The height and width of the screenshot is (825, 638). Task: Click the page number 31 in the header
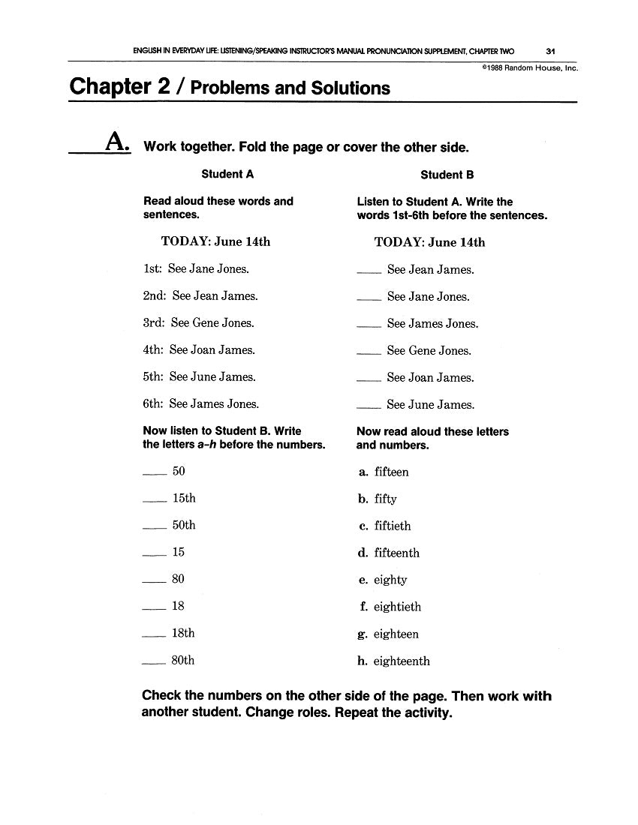tap(550, 52)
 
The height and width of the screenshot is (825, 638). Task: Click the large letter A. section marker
tap(117, 142)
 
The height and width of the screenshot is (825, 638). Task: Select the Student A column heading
tap(227, 174)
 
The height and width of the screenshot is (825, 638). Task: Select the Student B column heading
tap(447, 175)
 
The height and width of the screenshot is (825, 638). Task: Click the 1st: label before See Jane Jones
tap(153, 268)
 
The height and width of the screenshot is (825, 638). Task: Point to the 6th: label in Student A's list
tap(153, 403)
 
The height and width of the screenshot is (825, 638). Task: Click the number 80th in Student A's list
tap(183, 661)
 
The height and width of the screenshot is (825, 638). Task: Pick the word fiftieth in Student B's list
tap(393, 526)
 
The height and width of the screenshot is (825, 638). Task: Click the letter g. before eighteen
tap(363, 634)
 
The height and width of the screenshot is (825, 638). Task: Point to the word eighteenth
tap(402, 661)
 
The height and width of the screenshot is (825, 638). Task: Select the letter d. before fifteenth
tap(363, 553)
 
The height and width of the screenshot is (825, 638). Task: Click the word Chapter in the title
tap(112, 87)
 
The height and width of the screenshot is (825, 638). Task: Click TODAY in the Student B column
tap(399, 242)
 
